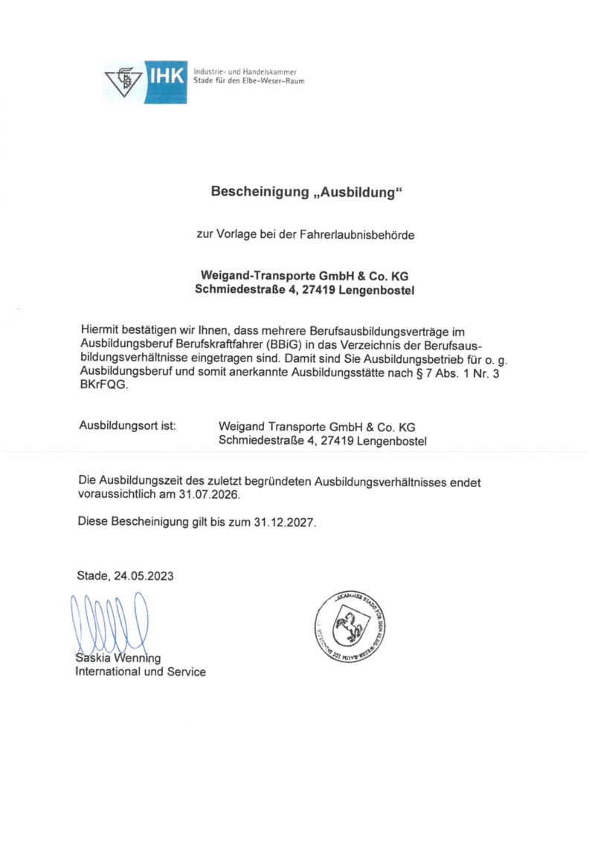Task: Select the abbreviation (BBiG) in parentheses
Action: (x=279, y=344)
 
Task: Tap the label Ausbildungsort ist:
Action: (x=126, y=427)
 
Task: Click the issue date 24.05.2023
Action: (x=147, y=576)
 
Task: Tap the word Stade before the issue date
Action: (x=92, y=576)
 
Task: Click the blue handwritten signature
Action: (x=109, y=623)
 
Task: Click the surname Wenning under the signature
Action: (x=137, y=658)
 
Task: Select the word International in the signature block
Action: (x=108, y=671)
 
